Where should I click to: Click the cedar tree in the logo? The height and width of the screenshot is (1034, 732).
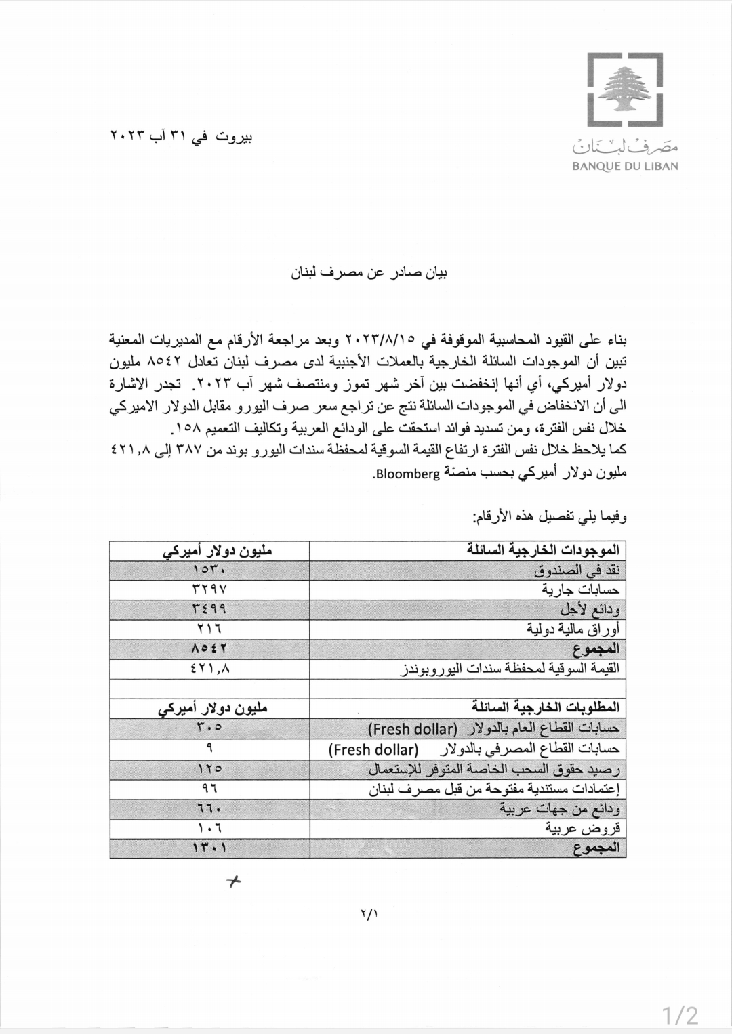(624, 90)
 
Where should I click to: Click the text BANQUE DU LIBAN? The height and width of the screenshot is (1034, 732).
(625, 166)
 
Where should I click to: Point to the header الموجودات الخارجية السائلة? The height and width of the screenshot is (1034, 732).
(543, 550)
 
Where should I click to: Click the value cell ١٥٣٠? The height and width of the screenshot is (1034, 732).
(209, 570)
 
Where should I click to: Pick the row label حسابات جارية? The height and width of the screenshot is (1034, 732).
(580, 590)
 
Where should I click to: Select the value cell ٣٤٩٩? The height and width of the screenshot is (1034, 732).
(209, 609)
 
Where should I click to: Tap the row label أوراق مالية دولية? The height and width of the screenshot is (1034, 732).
(573, 629)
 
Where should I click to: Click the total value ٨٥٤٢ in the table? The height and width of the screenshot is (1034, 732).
(209, 648)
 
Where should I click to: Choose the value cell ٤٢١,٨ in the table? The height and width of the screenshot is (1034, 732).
(209, 668)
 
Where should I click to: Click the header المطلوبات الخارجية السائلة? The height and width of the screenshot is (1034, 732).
(546, 707)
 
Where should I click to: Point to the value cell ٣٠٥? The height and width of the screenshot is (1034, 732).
(209, 728)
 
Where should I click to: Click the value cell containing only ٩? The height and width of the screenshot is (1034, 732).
(209, 748)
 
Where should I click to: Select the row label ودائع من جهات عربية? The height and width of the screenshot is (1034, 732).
(560, 808)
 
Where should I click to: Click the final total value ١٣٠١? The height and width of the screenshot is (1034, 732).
(209, 848)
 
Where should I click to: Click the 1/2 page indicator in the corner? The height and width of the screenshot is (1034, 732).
(680, 1015)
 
